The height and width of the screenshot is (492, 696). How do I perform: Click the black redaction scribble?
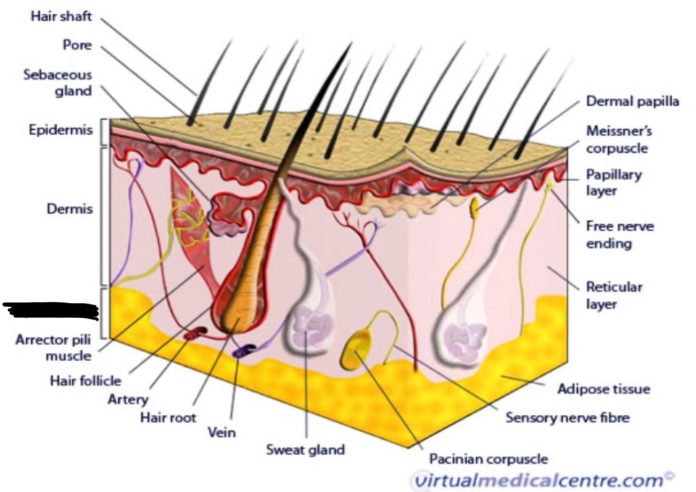(51, 310)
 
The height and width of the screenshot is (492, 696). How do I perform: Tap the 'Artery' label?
(127, 399)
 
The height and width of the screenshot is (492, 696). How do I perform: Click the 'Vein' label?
(222, 433)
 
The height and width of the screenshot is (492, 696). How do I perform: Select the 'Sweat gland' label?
(305, 449)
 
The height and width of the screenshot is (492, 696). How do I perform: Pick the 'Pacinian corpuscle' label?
(488, 459)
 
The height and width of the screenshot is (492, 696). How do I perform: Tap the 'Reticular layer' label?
(613, 295)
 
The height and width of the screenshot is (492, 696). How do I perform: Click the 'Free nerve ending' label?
(619, 235)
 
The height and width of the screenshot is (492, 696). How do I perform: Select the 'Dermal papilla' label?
(632, 101)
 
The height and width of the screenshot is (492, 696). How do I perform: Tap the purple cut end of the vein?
(241, 351)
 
